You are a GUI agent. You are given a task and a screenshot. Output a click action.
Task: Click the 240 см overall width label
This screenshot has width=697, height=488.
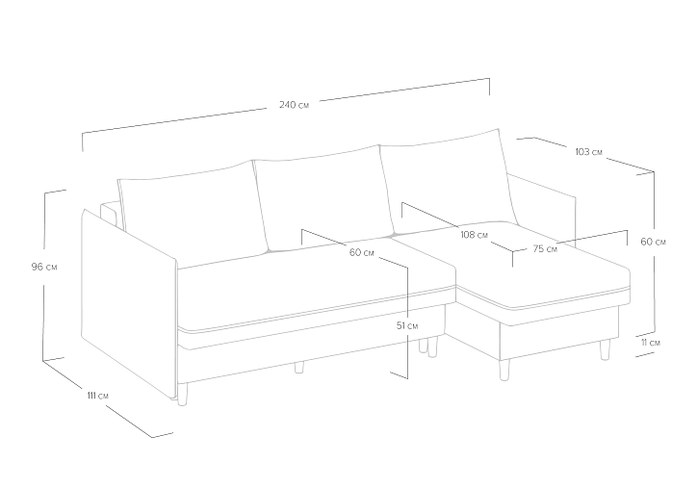point(294,105)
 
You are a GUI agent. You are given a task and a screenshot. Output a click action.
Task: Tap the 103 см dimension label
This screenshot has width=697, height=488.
point(588,152)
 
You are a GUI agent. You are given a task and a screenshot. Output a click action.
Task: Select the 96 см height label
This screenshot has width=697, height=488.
point(44,267)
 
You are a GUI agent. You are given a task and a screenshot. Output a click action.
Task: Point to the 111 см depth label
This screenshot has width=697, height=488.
point(97,395)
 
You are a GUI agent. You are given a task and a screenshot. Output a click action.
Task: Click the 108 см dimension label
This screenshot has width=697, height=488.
point(474,235)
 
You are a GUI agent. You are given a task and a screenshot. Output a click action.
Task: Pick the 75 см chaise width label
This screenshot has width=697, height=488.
point(545,249)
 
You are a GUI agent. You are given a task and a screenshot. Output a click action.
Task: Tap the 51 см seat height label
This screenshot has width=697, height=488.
point(406,325)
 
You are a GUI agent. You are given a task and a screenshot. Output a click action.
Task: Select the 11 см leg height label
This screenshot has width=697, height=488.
point(651,343)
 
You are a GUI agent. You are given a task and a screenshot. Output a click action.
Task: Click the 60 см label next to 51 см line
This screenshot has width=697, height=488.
point(361,253)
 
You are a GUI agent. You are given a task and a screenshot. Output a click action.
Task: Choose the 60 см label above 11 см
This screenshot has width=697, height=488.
point(653,242)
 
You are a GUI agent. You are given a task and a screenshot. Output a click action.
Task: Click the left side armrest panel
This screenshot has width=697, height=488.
point(129,302)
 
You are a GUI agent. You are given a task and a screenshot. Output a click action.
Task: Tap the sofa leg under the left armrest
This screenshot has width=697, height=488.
point(182,395)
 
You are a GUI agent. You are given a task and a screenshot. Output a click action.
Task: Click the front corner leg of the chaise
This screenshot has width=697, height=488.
point(504,370)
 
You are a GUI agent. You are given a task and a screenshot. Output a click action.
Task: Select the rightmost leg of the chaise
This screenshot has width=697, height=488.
point(605,348)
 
